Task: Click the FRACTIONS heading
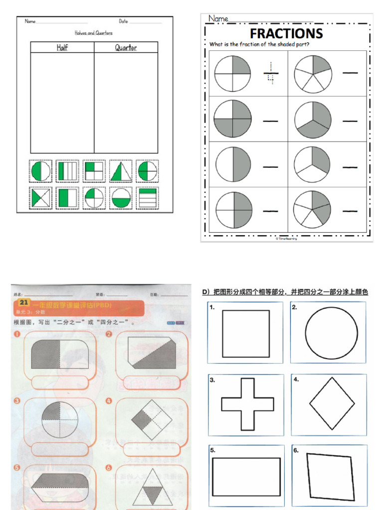pos(286,34)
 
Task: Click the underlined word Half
pos(62,48)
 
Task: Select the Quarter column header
pos(126,48)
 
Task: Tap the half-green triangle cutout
pos(121,171)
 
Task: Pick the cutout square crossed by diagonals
pos(40,198)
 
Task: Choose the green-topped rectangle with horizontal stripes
pos(147,198)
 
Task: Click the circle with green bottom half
pos(121,198)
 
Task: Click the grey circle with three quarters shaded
pos(232,119)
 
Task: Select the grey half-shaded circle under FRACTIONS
pos(233,164)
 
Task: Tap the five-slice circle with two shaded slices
pos(312,209)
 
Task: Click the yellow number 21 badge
pos(24,302)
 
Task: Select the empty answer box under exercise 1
pos(60,382)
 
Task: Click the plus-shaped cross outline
pos(247,404)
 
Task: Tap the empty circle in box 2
pos(331,333)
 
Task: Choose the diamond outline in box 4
pos(332,403)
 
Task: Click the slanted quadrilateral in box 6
pos(330,477)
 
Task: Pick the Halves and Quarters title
pos(94,33)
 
